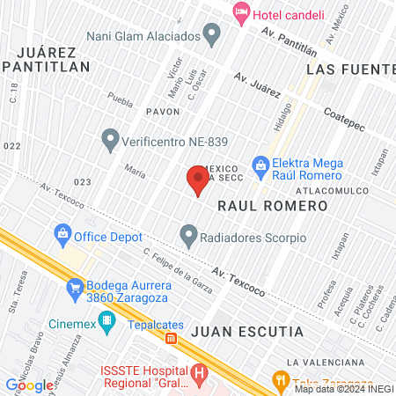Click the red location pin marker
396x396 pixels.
tap(198, 180)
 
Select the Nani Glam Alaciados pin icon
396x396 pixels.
tap(211, 36)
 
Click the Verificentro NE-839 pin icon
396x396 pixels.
tap(110, 139)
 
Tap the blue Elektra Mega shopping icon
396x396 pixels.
tap(260, 165)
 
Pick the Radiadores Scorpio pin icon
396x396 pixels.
tap(188, 237)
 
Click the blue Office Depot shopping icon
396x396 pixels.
tap(62, 234)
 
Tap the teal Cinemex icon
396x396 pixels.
tap(107, 322)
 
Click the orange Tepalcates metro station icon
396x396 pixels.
tap(172, 337)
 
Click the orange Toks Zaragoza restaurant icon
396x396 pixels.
tap(282, 381)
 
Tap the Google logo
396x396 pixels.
tap(29, 385)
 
